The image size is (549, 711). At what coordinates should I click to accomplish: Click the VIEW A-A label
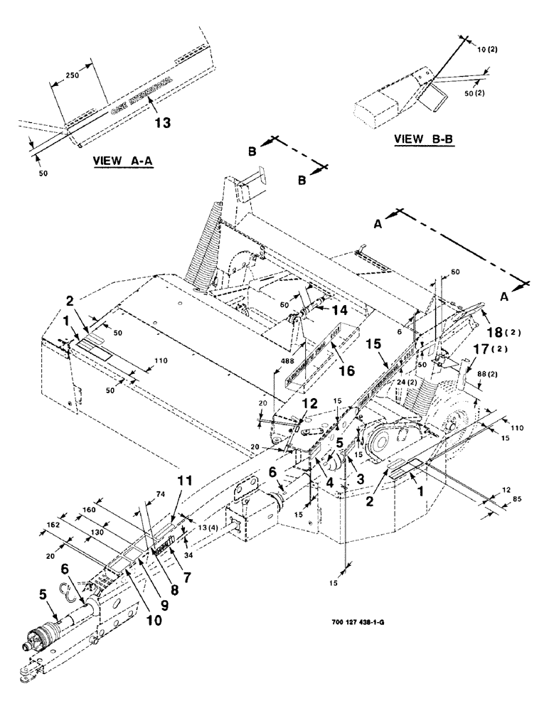click(x=124, y=161)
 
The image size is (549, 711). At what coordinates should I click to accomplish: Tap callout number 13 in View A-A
click(x=162, y=122)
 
